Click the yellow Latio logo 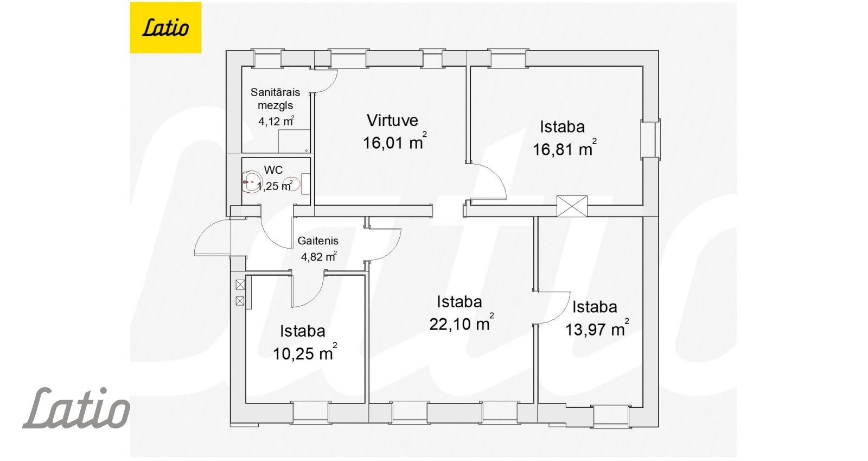pyautogui.click(x=165, y=28)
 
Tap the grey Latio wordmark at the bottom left pyautogui.click(x=76, y=408)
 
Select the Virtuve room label pyautogui.click(x=393, y=120)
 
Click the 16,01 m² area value pyautogui.click(x=395, y=142)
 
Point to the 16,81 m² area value pyautogui.click(x=565, y=148)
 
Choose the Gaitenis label pyautogui.click(x=318, y=241)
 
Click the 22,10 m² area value pyautogui.click(x=462, y=323)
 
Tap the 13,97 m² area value pyautogui.click(x=597, y=329)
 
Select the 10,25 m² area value pyautogui.click(x=305, y=353)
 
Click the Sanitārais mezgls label pyautogui.click(x=275, y=98)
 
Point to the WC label pyautogui.click(x=273, y=170)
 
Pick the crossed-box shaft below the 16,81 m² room pyautogui.click(x=572, y=206)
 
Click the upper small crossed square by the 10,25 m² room pyautogui.click(x=240, y=285)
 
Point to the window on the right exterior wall pyautogui.click(x=650, y=139)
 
